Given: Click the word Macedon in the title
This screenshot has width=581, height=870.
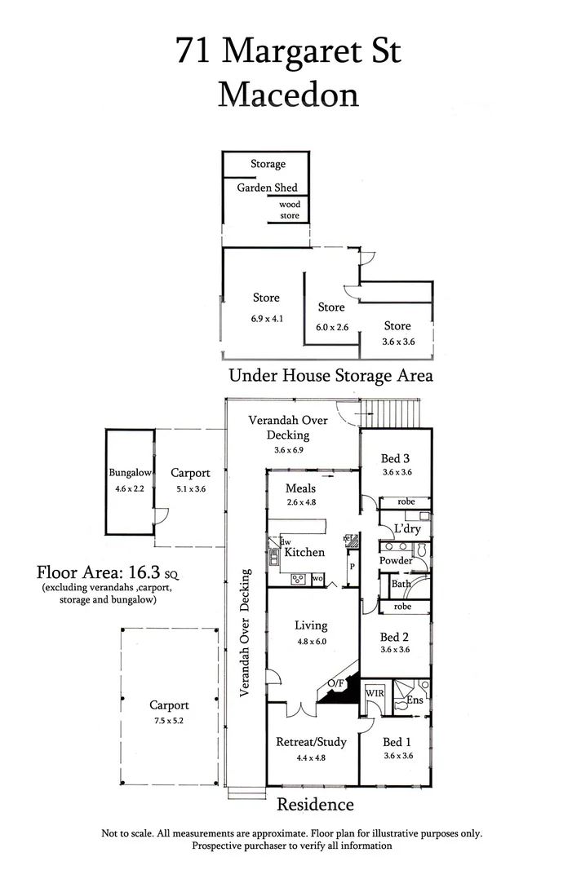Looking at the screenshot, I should point(289,95).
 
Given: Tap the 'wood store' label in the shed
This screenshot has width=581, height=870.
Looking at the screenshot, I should point(290,210).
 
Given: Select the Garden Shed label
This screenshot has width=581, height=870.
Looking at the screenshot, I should point(267,188).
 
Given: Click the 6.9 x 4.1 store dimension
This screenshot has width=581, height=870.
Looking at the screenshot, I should point(266,319).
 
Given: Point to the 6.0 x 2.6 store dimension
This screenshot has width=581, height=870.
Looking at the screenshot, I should point(332,327).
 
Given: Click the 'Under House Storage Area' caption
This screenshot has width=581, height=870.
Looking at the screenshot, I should point(330,376).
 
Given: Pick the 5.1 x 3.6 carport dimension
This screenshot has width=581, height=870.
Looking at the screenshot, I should point(190,489).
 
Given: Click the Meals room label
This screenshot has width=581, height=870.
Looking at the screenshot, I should point(300,488).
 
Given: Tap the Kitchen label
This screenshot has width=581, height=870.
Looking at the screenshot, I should point(304,553).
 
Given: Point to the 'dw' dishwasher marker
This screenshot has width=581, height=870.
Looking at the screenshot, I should point(286,541).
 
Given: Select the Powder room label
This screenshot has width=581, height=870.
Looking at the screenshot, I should point(396,561).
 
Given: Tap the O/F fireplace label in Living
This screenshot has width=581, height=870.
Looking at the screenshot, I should point(335,682).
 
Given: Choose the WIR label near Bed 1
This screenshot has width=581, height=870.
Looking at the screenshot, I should point(375,693).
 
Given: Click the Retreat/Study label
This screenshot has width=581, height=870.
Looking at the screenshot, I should point(312,742).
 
